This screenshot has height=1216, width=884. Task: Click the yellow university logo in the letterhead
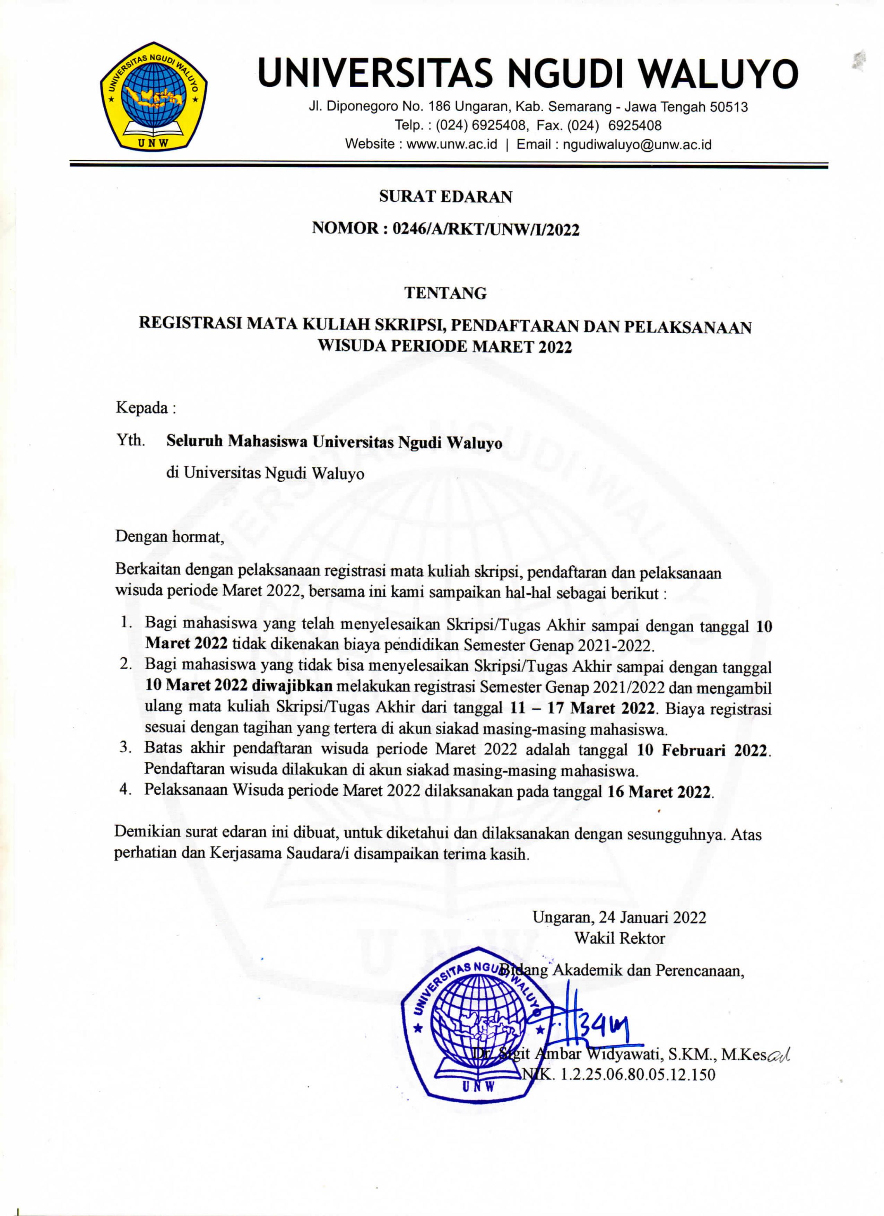[x=154, y=96]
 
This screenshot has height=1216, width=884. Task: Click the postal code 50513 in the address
[x=728, y=107]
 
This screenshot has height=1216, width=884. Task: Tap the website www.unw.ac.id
[x=452, y=144]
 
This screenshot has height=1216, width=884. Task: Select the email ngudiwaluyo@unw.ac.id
[x=637, y=144]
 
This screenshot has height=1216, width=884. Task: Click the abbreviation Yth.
[x=130, y=441]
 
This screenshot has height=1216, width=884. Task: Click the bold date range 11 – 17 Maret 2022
[x=582, y=708]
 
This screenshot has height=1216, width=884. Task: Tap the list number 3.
[x=126, y=749]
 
